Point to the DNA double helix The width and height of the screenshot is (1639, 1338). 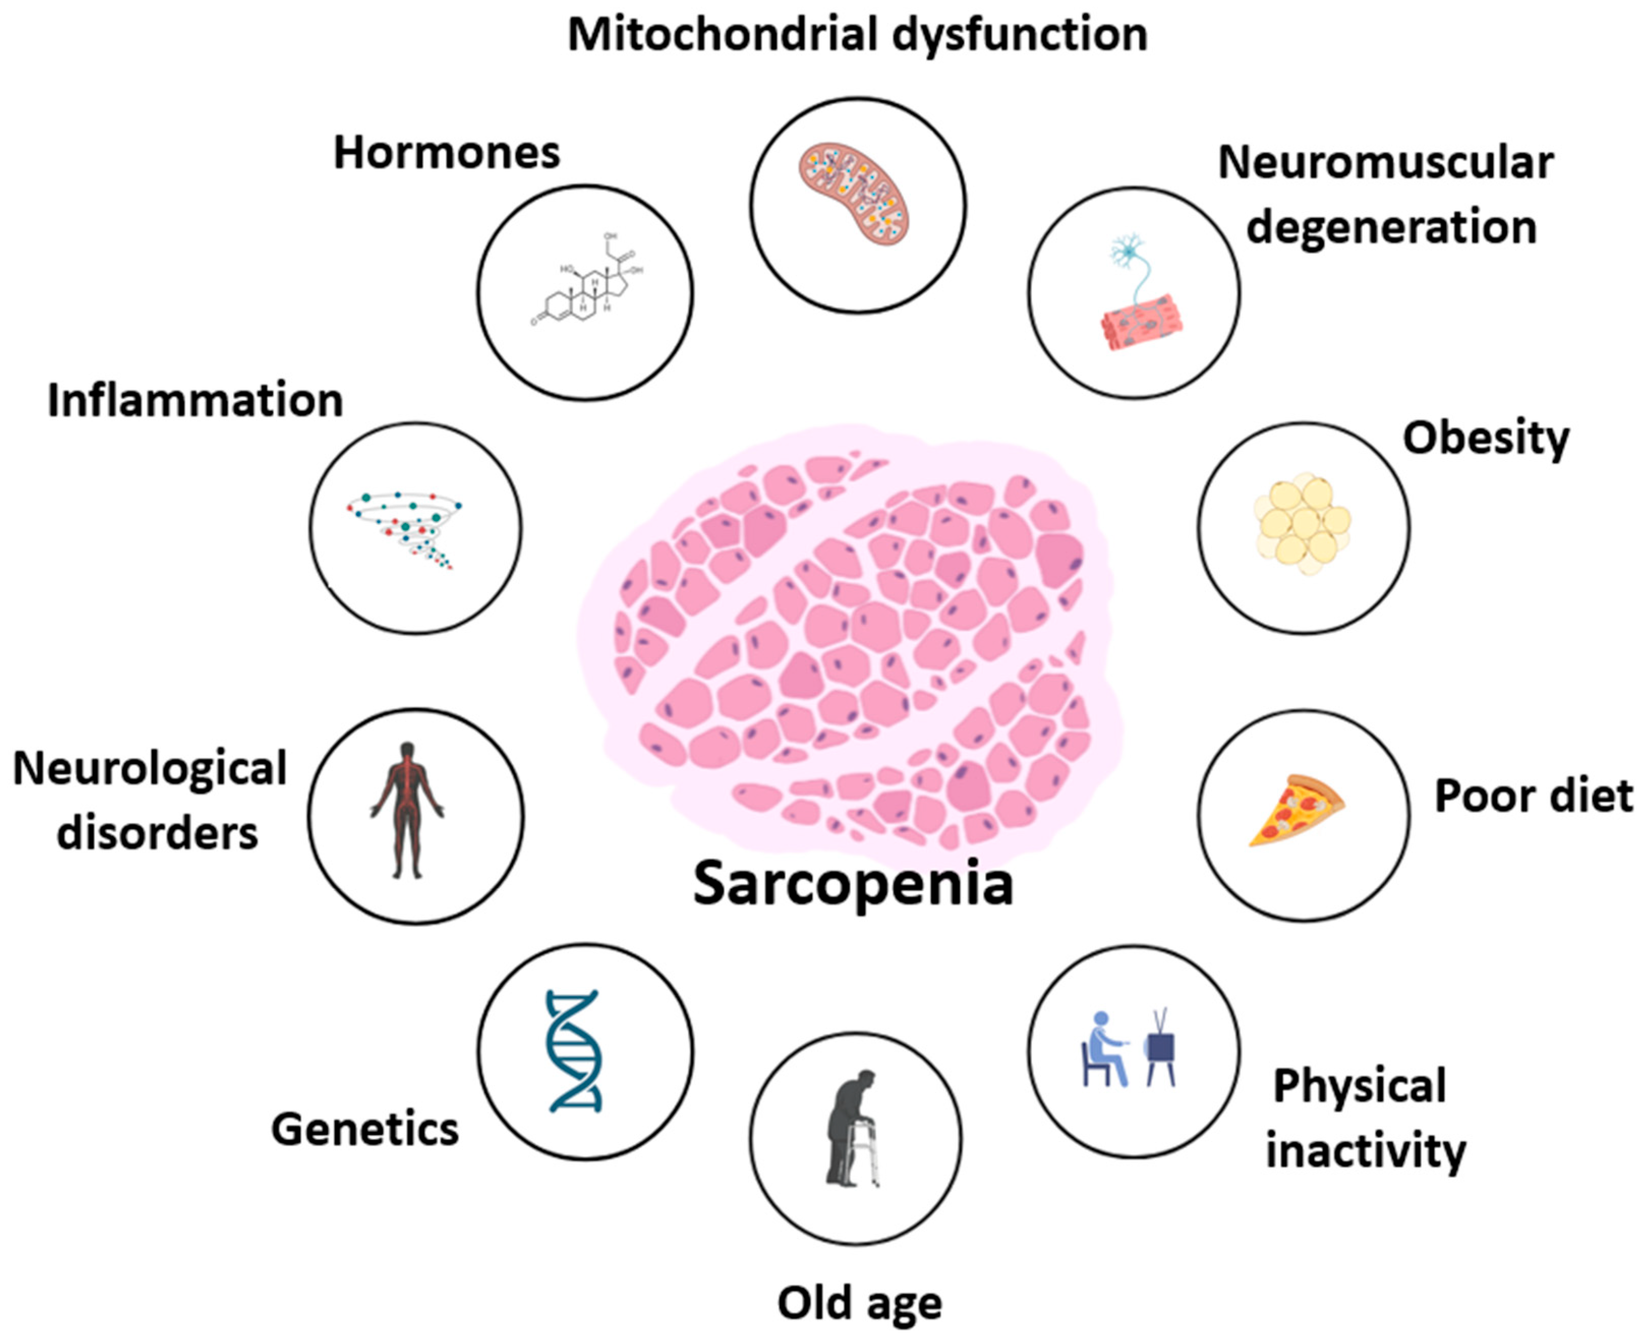[x=574, y=1051]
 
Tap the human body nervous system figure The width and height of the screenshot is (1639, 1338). [x=407, y=809]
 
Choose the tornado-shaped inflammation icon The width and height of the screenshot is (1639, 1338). [x=406, y=527]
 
